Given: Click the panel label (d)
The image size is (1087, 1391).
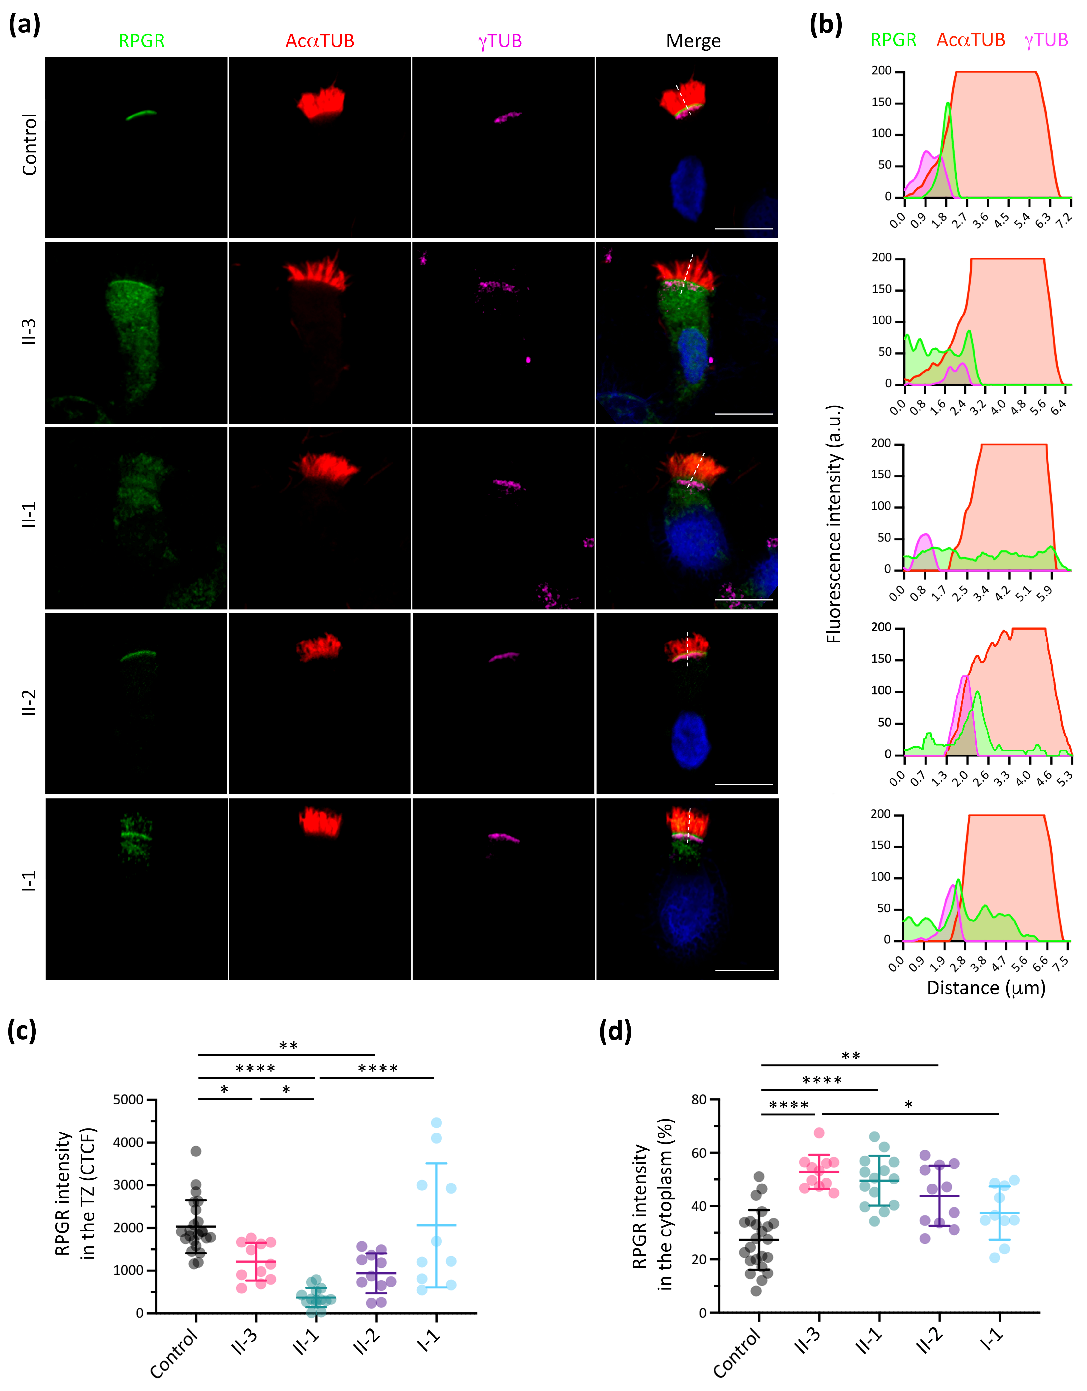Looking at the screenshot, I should [x=615, y=1030].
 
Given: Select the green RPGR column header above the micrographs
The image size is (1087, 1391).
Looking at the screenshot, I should [x=141, y=41].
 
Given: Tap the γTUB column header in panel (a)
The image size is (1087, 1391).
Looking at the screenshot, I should [x=500, y=41].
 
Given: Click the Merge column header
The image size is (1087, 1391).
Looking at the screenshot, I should [x=693, y=41].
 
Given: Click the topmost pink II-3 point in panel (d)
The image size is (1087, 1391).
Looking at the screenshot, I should [x=819, y=1132].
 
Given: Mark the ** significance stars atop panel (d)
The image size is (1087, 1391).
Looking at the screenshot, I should [x=851, y=1056].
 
